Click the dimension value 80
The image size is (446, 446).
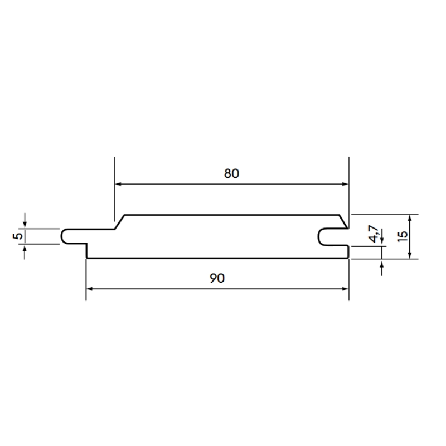point(231,173)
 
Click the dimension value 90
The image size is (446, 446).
point(217,278)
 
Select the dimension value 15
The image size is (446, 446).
point(403,236)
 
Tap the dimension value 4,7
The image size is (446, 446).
point(374,234)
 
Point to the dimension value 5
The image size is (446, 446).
point(18,236)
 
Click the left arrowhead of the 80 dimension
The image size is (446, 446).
point(118,184)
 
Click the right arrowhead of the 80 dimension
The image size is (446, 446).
point(345,184)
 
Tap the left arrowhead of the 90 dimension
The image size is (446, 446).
point(90,289)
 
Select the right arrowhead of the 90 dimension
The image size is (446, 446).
point(345,289)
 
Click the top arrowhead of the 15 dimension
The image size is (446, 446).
point(410,218)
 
